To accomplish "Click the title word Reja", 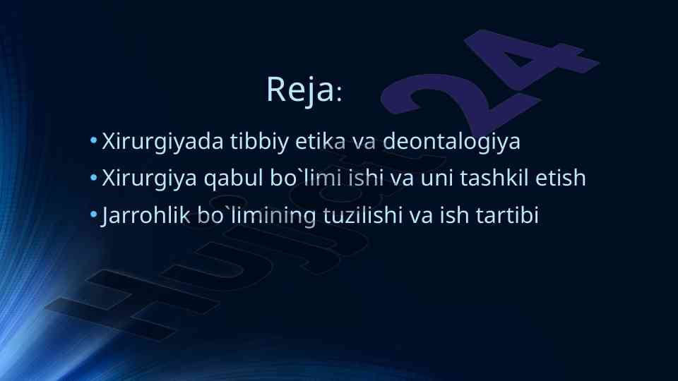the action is (x=301, y=90).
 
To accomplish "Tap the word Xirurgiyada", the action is (x=162, y=142).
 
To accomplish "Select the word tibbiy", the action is (x=259, y=142).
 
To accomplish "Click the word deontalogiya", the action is (x=451, y=142).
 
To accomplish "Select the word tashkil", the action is (x=494, y=178).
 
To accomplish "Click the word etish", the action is (x=561, y=178).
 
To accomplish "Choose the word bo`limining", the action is (x=257, y=216).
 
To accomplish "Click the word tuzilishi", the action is (x=363, y=214).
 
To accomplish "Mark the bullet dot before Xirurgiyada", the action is (x=93, y=140).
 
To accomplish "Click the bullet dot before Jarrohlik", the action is (x=93, y=214).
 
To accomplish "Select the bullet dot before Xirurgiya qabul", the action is (x=93, y=177).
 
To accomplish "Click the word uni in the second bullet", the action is (x=436, y=178).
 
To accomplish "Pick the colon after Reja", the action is (x=339, y=94).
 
